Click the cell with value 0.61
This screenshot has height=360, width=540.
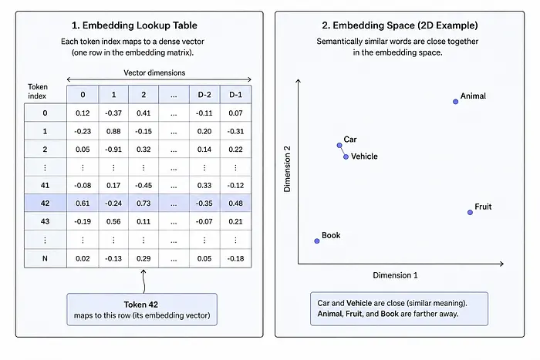tap(83, 203)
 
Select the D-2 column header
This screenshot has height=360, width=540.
tap(204, 95)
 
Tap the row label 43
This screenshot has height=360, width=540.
tap(45, 221)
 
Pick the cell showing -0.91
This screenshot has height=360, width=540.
tap(113, 150)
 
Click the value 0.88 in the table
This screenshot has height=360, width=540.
tap(113, 131)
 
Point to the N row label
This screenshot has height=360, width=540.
tap(45, 258)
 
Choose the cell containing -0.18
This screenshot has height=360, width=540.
tap(235, 258)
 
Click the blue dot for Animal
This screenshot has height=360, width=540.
tap(455, 102)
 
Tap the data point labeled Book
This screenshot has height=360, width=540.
tap(317, 241)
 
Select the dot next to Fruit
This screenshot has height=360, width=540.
tap(470, 212)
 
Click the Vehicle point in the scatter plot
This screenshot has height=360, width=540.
tap(346, 157)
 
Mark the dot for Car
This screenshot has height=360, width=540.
tap(339, 145)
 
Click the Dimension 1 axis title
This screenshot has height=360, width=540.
tap(395, 275)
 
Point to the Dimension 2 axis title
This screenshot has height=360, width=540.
tap(287, 169)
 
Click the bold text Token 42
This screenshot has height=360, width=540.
tap(141, 304)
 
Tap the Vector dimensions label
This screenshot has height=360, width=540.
tap(154, 72)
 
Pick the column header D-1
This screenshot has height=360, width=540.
tap(236, 95)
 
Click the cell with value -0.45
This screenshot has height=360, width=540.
tap(143, 186)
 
